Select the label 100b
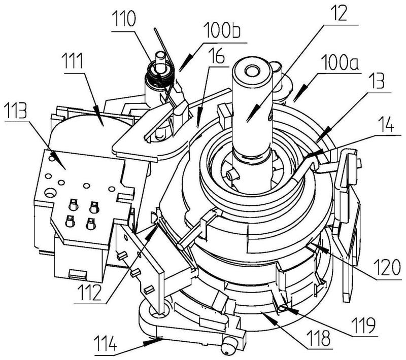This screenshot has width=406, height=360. [222, 30]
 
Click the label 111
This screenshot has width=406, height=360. [73, 61]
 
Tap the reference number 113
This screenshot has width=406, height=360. [15, 110]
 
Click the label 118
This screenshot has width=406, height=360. [319, 339]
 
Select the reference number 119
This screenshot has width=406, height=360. [363, 325]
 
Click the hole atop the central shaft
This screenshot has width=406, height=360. [251, 70]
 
